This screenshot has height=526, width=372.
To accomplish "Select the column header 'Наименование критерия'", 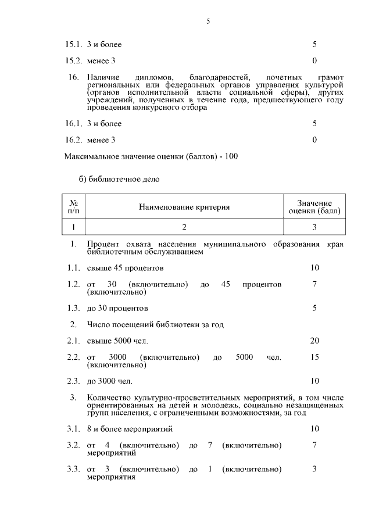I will coord(184,207).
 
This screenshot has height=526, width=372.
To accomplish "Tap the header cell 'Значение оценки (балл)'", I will coord(314,207).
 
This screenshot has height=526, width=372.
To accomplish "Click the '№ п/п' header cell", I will coord(74,207).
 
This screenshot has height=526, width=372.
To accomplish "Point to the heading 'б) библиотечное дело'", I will coord(119,179).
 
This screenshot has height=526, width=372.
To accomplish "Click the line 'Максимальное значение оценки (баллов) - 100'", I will coord(151,156).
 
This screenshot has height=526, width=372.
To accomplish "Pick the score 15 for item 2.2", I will coord(314,357).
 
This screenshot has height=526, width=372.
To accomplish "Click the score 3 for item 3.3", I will coord(314,469).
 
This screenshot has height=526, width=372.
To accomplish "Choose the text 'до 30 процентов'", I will coord(117,308).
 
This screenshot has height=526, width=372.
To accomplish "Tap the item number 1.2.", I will coord(73,285).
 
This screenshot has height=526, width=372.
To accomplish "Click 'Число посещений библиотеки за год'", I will coord(155,324).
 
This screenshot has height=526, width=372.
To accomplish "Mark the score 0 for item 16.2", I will coord(314,139).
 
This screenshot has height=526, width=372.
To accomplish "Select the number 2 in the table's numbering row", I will coord(184,227).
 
